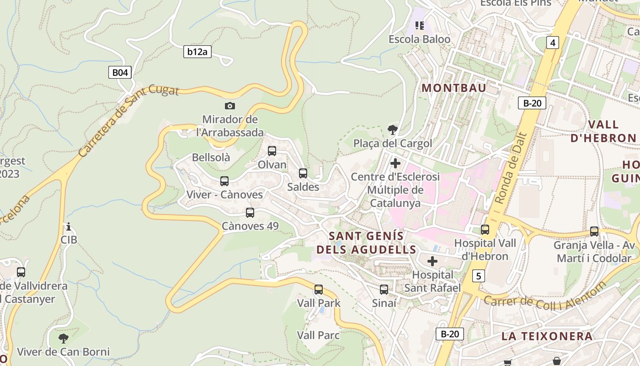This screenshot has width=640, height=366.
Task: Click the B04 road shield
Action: click(x=120, y=72)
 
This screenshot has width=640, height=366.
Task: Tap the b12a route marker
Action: click(x=197, y=52)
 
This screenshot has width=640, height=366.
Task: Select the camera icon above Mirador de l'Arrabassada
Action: click(x=230, y=106)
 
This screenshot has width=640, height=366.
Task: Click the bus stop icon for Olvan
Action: click(x=272, y=151)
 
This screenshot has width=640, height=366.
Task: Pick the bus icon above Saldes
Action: click(x=303, y=173)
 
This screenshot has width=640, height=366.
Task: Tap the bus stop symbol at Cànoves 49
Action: click(x=250, y=213)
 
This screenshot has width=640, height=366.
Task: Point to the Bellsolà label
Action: click(x=211, y=157)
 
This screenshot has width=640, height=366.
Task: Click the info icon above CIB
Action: click(x=69, y=226)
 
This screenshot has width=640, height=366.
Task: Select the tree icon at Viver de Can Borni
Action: click(x=64, y=339)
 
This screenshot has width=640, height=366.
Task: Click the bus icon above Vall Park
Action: click(x=319, y=290)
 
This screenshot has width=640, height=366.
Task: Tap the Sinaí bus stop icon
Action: click(x=384, y=290)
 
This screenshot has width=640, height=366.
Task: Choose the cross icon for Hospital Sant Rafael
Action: click(x=432, y=261)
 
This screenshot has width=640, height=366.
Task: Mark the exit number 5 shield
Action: click(x=478, y=276)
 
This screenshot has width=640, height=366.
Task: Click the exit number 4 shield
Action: click(x=553, y=43)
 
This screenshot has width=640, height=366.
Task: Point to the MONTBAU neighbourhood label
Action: click(x=454, y=88)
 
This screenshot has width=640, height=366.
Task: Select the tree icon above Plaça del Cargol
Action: click(x=392, y=129)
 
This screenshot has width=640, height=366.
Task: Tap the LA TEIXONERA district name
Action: click(x=547, y=336)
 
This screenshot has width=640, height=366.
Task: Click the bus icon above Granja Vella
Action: click(x=594, y=231)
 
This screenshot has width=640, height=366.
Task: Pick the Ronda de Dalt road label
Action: click(x=511, y=168)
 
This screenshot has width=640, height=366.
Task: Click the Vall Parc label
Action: click(x=318, y=335)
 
